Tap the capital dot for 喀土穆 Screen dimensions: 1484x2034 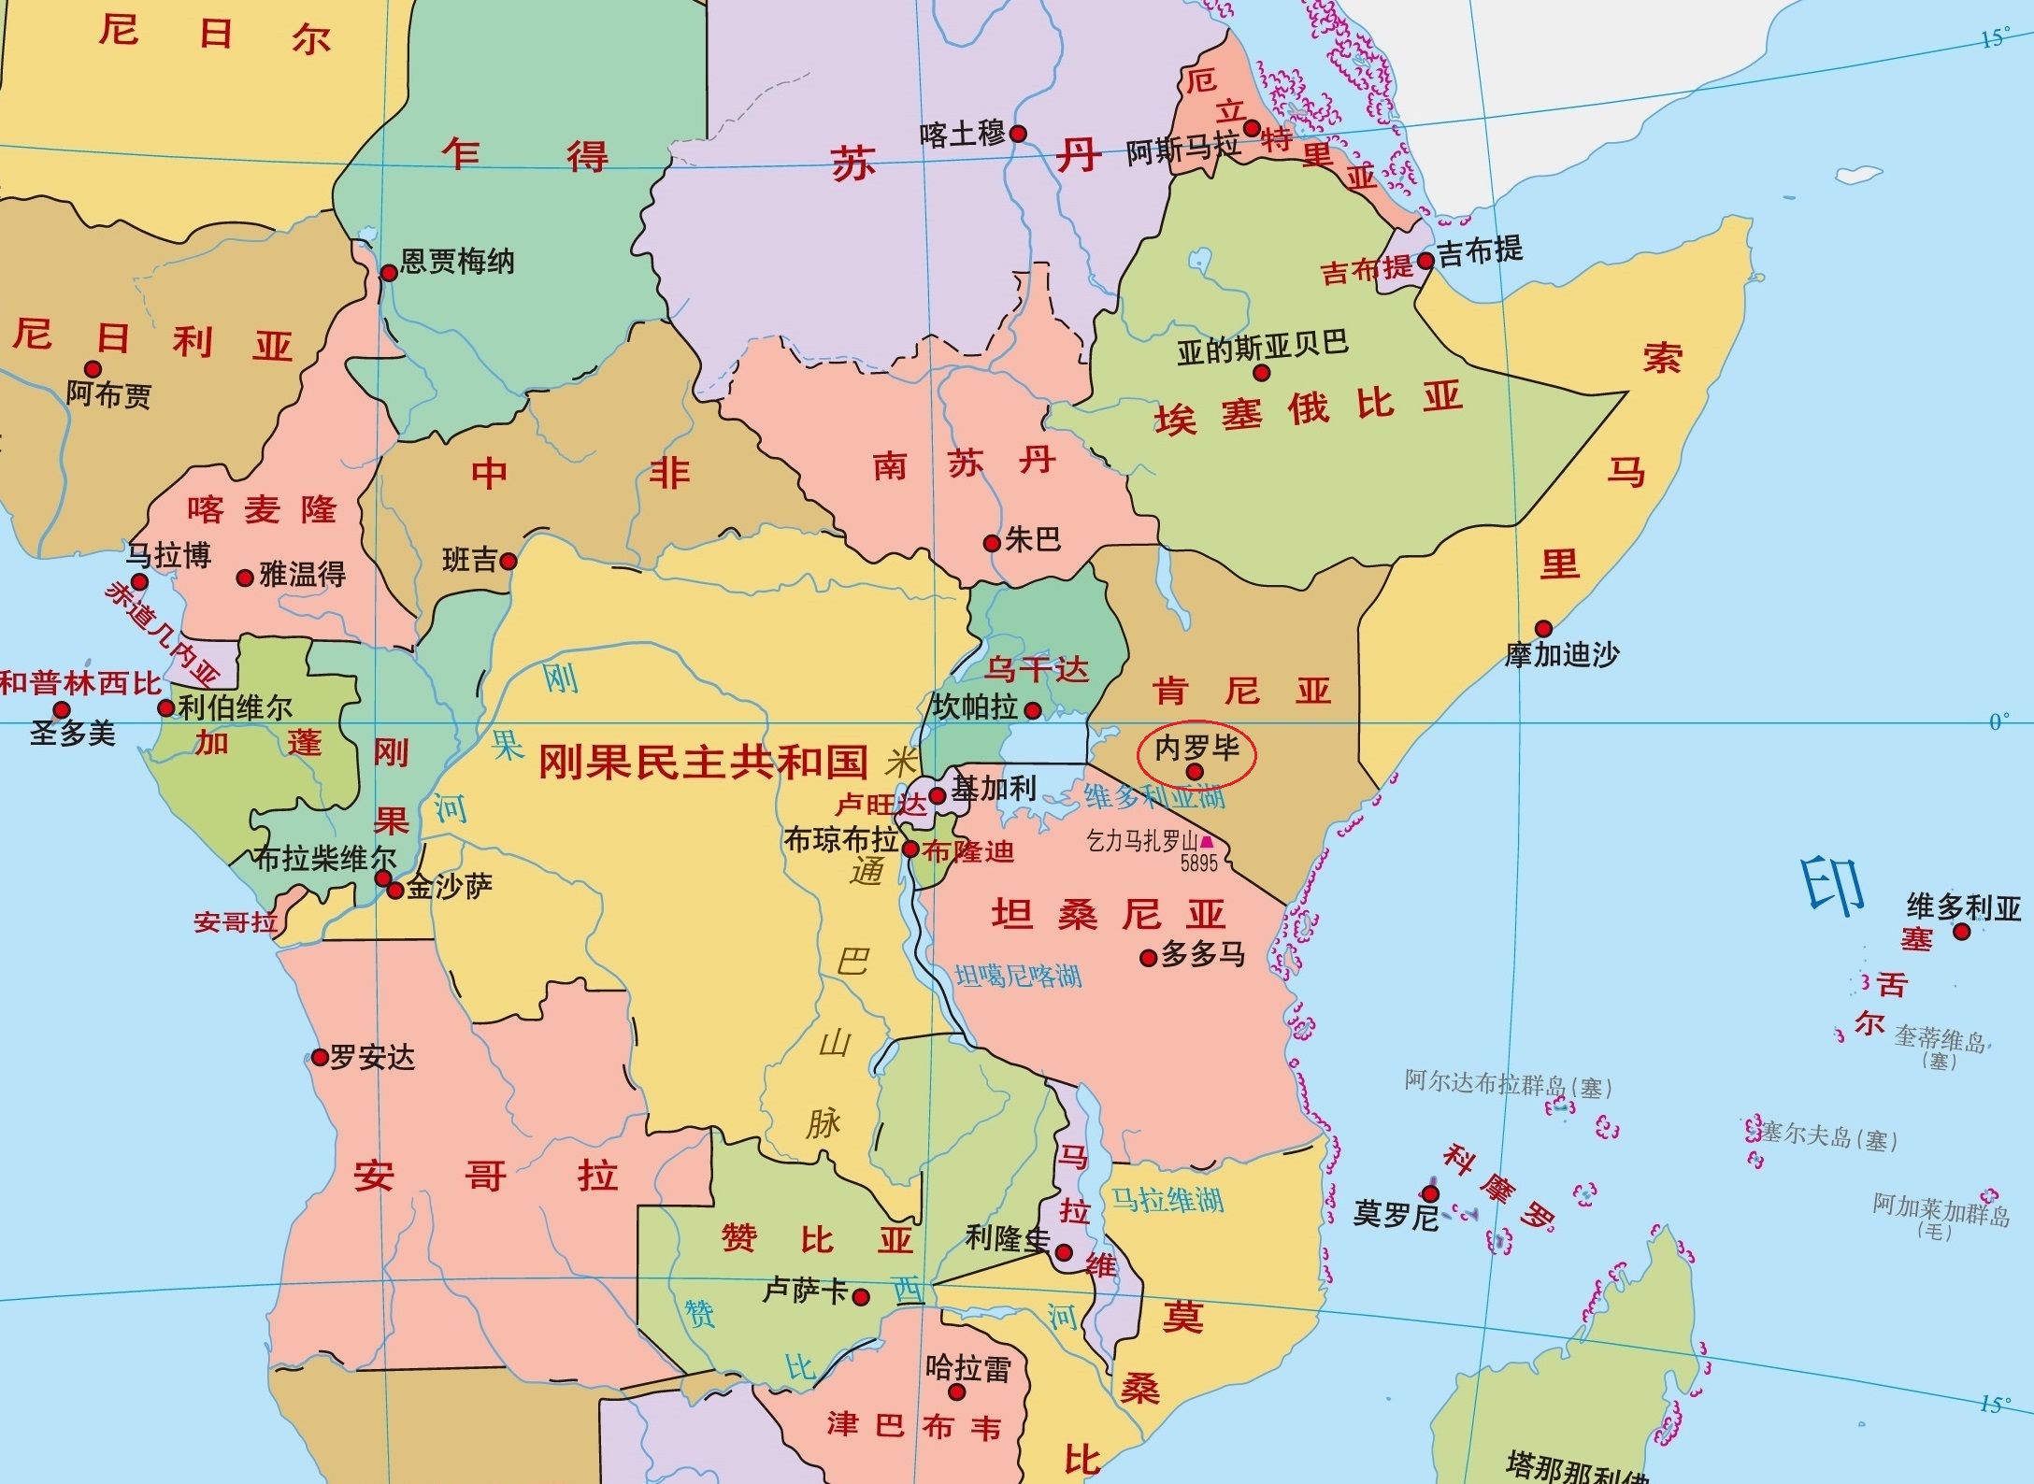[1019, 134]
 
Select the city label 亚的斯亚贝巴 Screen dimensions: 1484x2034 [1262, 346]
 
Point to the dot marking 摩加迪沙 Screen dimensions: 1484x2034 [1543, 629]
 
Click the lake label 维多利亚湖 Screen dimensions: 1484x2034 [1154, 797]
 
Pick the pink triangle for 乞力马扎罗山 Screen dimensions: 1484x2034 [1207, 842]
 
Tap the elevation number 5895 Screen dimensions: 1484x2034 [1198, 863]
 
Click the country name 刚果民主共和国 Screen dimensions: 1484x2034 [703, 763]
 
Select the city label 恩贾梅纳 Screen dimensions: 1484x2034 [457, 261]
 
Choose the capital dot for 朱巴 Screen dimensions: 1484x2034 [992, 543]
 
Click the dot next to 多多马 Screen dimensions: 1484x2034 [1149, 958]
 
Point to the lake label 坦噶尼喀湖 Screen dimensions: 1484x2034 [1018, 977]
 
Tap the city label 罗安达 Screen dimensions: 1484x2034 [372, 1058]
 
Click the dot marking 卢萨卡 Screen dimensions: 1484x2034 [861, 1297]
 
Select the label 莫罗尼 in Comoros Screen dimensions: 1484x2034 [1395, 1215]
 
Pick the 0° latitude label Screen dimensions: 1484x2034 [1998, 721]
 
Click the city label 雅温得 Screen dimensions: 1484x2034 [302, 574]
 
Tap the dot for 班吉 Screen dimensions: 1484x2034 [508, 562]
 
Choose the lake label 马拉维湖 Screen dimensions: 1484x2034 [1167, 1200]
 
